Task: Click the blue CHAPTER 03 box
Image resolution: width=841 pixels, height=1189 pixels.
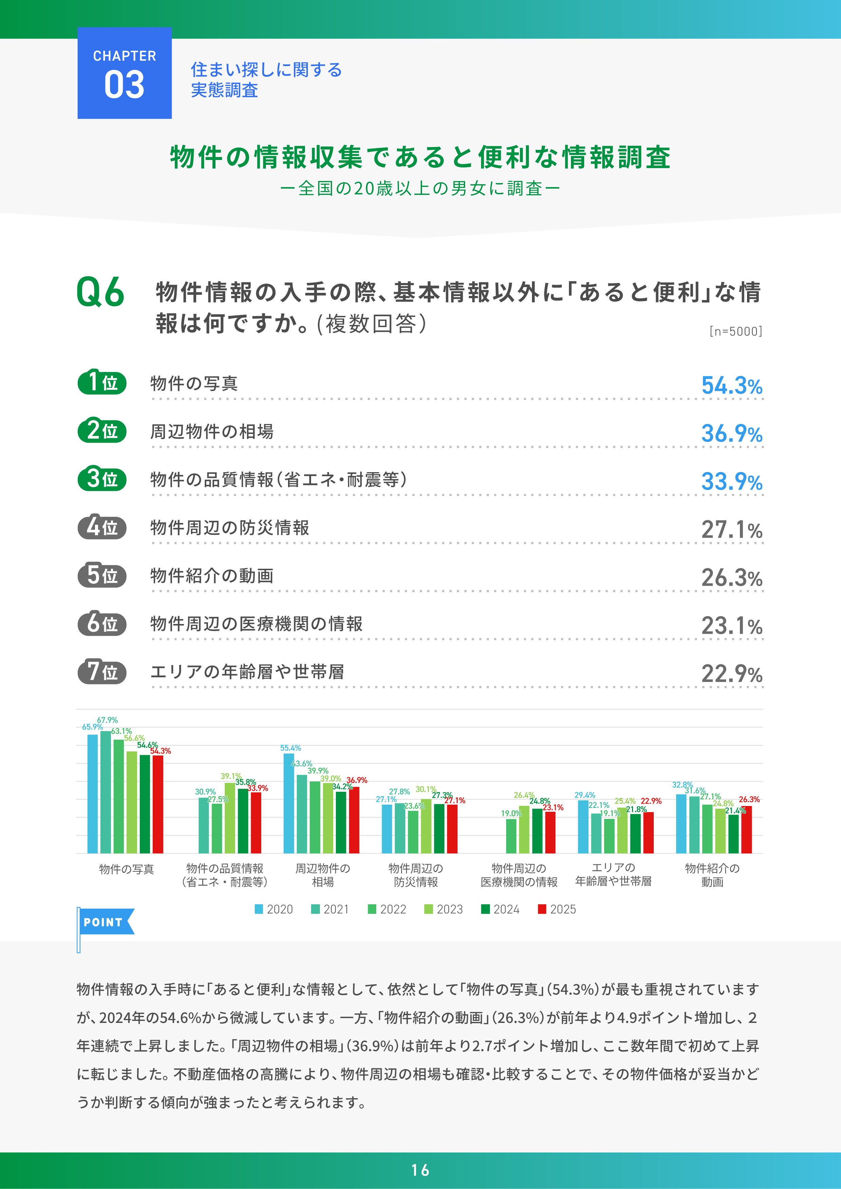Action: click(125, 73)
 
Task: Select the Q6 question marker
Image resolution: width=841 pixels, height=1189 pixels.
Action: click(100, 292)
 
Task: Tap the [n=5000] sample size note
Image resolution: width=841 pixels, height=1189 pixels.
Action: click(735, 331)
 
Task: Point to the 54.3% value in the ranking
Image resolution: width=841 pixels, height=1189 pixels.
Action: click(731, 386)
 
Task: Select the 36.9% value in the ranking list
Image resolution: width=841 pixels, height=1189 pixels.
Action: click(731, 434)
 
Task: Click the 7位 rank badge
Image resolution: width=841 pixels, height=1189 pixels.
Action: click(102, 672)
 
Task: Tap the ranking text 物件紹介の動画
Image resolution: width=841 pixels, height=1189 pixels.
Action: click(211, 576)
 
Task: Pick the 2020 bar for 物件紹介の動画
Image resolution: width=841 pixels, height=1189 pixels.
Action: click(681, 823)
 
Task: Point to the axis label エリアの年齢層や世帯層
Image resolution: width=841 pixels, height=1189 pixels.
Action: click(613, 874)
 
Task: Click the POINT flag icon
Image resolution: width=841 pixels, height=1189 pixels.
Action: click(105, 922)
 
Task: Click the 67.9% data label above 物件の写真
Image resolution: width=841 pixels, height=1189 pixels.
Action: click(107, 720)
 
